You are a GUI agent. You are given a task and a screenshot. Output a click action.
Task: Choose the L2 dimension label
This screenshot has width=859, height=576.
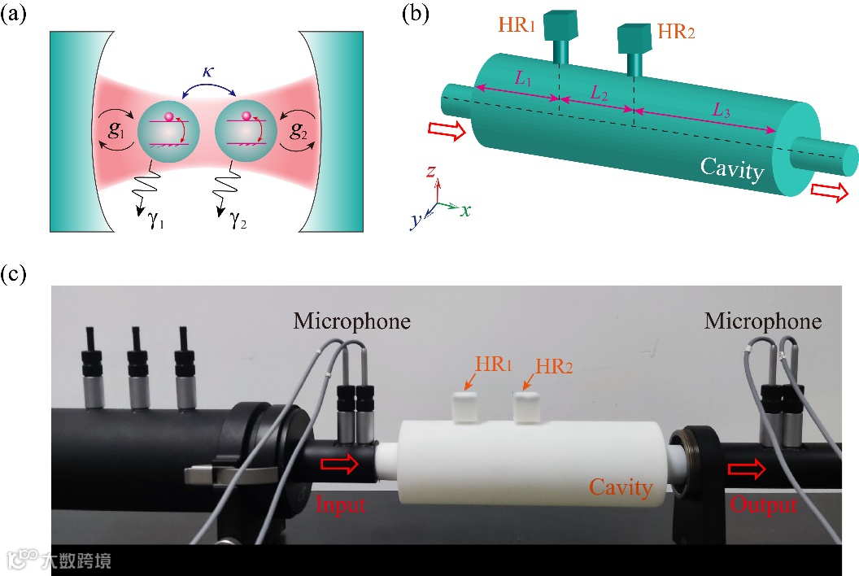[599, 94]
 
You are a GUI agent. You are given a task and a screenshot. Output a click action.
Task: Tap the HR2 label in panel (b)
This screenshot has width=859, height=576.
[677, 33]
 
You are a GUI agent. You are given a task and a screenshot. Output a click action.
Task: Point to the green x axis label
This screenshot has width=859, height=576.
[465, 210]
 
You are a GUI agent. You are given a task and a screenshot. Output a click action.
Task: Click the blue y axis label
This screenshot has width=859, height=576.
[415, 220]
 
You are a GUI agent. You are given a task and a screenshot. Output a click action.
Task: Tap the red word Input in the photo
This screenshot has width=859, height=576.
[342, 505]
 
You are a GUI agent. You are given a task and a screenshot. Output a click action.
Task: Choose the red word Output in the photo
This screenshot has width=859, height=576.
[762, 505]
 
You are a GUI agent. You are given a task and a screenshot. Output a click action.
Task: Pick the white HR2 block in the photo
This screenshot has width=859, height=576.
[530, 406]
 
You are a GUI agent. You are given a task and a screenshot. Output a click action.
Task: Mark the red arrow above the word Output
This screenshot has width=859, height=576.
[747, 469]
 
